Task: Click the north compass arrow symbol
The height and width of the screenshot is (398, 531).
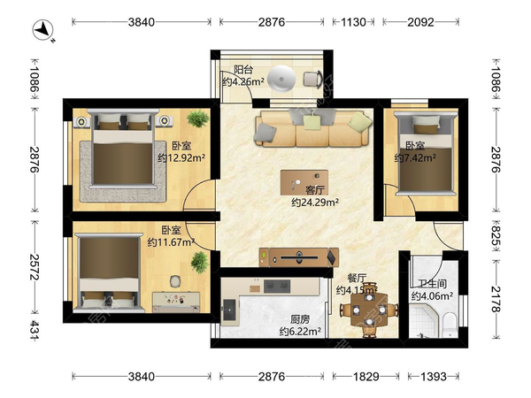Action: (x=43, y=30)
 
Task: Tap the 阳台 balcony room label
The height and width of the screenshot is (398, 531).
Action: (x=243, y=70)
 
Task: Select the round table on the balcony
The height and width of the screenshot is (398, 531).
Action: (x=281, y=80)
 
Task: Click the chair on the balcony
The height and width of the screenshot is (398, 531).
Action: (x=312, y=80)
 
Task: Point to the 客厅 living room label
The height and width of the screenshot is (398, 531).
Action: (x=315, y=190)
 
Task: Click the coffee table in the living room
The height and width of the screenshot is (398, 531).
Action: (x=304, y=182)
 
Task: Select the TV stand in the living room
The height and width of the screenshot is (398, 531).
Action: (x=299, y=257)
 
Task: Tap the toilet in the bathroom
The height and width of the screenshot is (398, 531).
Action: (x=450, y=325)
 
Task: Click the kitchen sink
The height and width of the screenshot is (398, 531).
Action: (x=230, y=310)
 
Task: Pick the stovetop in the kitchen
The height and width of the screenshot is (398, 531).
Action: (x=277, y=287)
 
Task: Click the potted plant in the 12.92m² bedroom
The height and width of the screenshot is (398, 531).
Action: (x=198, y=119)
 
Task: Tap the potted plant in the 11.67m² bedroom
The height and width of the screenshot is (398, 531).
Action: (x=199, y=262)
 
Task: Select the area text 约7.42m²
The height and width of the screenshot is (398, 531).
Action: (x=415, y=158)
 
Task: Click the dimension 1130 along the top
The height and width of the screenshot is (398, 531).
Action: (x=353, y=22)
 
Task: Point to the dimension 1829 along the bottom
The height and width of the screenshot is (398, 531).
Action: (x=366, y=377)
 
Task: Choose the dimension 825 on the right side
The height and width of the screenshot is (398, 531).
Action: (x=496, y=236)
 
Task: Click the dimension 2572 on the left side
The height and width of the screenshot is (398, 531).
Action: (x=35, y=267)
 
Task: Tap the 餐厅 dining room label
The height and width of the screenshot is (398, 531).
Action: (x=357, y=279)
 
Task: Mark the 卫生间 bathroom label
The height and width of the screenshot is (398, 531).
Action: (x=432, y=284)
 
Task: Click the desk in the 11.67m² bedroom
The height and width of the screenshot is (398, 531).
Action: (x=176, y=302)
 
